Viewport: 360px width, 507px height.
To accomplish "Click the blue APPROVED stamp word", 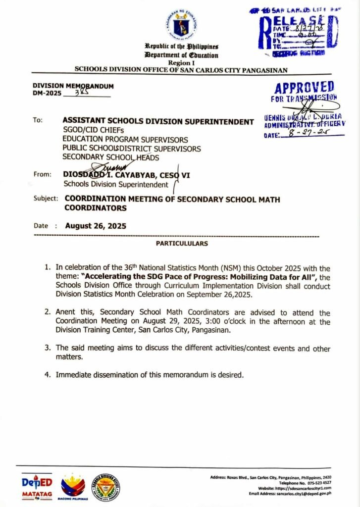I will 304,88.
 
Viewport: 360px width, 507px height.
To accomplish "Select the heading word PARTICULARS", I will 182,244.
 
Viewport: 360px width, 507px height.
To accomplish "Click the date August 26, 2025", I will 96,226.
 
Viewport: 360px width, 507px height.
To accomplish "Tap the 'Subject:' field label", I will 46,199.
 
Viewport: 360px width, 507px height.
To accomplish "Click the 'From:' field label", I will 43,174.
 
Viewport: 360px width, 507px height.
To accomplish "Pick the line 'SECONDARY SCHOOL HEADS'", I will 111,157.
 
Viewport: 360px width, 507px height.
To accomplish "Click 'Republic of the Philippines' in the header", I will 182,47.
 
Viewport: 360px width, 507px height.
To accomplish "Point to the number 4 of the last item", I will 48,375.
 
